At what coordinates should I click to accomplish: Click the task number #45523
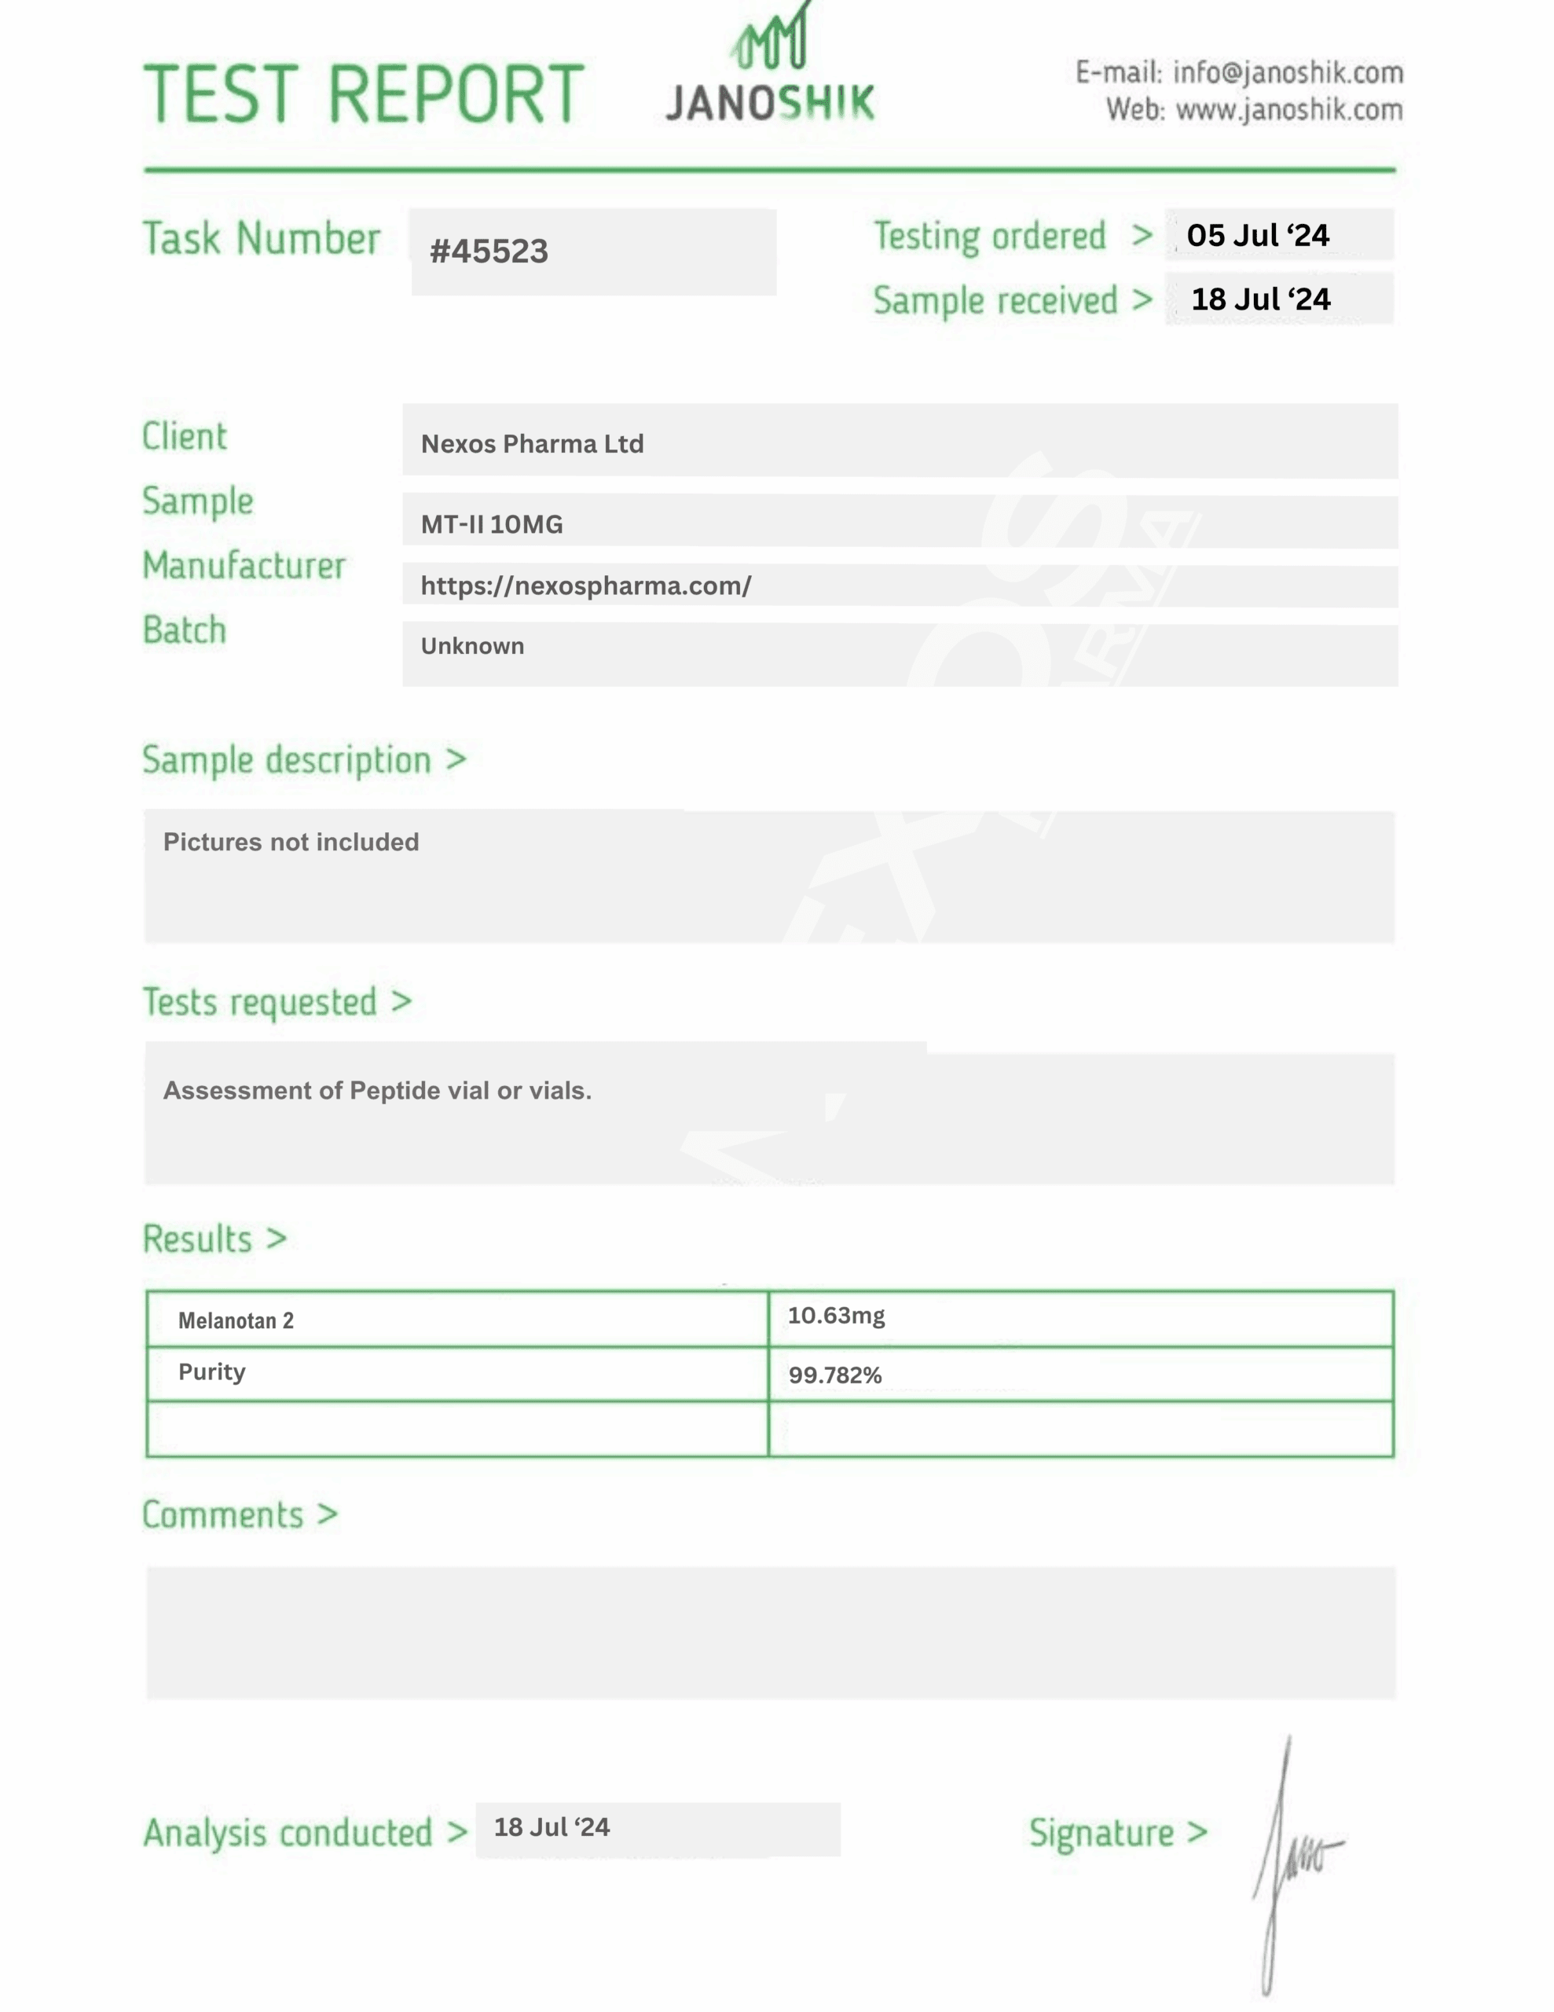pos(489,251)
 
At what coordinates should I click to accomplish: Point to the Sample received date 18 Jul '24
pos(1260,299)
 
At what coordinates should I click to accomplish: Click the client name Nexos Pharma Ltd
pos(533,444)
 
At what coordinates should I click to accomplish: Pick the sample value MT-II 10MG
pos(492,524)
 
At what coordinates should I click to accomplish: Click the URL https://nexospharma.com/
pos(586,586)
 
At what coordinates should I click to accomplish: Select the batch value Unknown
pos(472,646)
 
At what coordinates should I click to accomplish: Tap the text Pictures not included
pos(291,842)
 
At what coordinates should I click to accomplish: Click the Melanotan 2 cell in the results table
pos(236,1321)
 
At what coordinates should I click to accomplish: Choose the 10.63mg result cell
pos(837,1316)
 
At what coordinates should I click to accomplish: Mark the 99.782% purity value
pos(834,1375)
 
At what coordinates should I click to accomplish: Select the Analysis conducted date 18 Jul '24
pos(552,1828)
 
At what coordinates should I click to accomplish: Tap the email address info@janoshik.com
pos(1288,73)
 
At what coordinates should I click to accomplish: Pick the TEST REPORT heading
pos(364,94)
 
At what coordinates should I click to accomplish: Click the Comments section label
pos(224,1515)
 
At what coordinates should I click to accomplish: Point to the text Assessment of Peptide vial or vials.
pos(378,1091)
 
